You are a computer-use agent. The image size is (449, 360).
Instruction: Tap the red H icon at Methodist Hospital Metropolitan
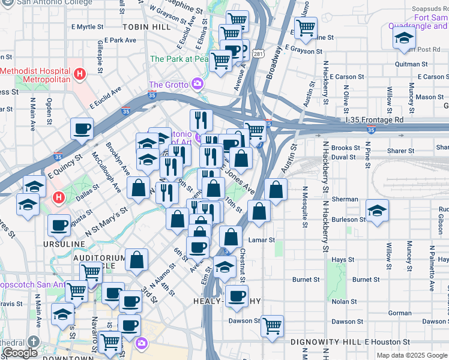coord(80,74)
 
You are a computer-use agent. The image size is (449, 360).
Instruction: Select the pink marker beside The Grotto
coord(196,83)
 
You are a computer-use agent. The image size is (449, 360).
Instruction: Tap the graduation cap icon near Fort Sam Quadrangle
coord(404,38)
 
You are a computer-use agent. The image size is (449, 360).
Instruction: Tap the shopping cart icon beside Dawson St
coord(273,326)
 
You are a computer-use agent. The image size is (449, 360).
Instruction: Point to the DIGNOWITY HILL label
coord(326,341)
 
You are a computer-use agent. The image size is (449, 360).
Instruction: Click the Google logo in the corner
coord(20,353)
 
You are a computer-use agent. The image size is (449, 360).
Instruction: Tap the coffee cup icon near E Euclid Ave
coord(82,128)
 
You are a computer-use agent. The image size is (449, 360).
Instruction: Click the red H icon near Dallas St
coord(58,197)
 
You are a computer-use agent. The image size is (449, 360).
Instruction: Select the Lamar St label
coord(261,240)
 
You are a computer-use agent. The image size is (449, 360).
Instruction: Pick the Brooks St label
coord(345,148)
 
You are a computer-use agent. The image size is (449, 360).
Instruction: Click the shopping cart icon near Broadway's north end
coord(306,28)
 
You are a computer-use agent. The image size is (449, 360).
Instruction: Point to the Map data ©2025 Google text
coord(411,355)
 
